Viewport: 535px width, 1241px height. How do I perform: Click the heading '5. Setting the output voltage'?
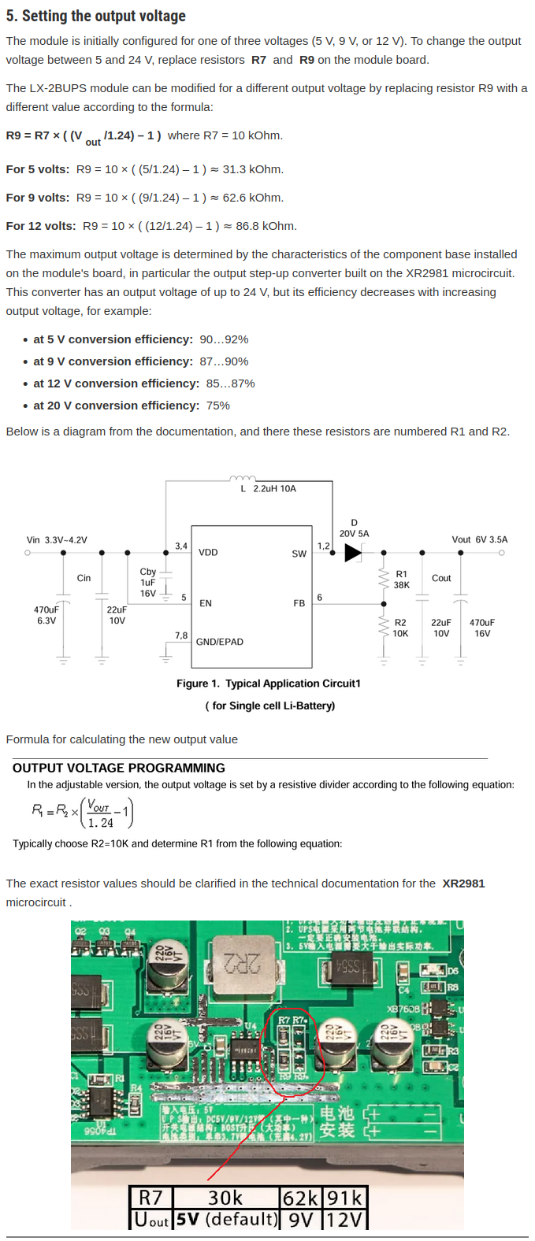coord(95,16)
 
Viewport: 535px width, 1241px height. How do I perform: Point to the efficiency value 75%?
coord(218,406)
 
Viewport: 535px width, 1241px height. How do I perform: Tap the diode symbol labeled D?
coord(353,553)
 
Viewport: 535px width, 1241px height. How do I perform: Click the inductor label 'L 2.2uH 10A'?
coord(268,489)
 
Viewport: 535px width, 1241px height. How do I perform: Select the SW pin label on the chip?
coord(299,554)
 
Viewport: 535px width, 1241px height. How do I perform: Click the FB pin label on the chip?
coord(299,603)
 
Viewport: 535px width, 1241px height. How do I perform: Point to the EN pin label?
coord(206,603)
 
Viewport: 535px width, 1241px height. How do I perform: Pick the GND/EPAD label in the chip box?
coord(220,642)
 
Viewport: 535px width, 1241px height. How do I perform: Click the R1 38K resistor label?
coord(402,580)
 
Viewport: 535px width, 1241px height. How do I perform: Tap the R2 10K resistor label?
coord(400,628)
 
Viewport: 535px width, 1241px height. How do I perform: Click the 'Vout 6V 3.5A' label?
coord(479,539)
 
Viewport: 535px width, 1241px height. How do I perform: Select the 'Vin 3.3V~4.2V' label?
coord(57,540)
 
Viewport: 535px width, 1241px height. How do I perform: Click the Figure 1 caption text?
coord(269,683)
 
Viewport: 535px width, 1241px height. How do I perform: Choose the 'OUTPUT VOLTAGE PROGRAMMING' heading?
coord(119,768)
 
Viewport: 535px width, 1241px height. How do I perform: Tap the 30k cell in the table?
coord(225,1198)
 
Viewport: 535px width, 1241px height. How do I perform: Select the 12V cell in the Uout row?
coord(344,1219)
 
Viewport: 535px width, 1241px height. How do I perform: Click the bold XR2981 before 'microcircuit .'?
coord(463,884)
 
